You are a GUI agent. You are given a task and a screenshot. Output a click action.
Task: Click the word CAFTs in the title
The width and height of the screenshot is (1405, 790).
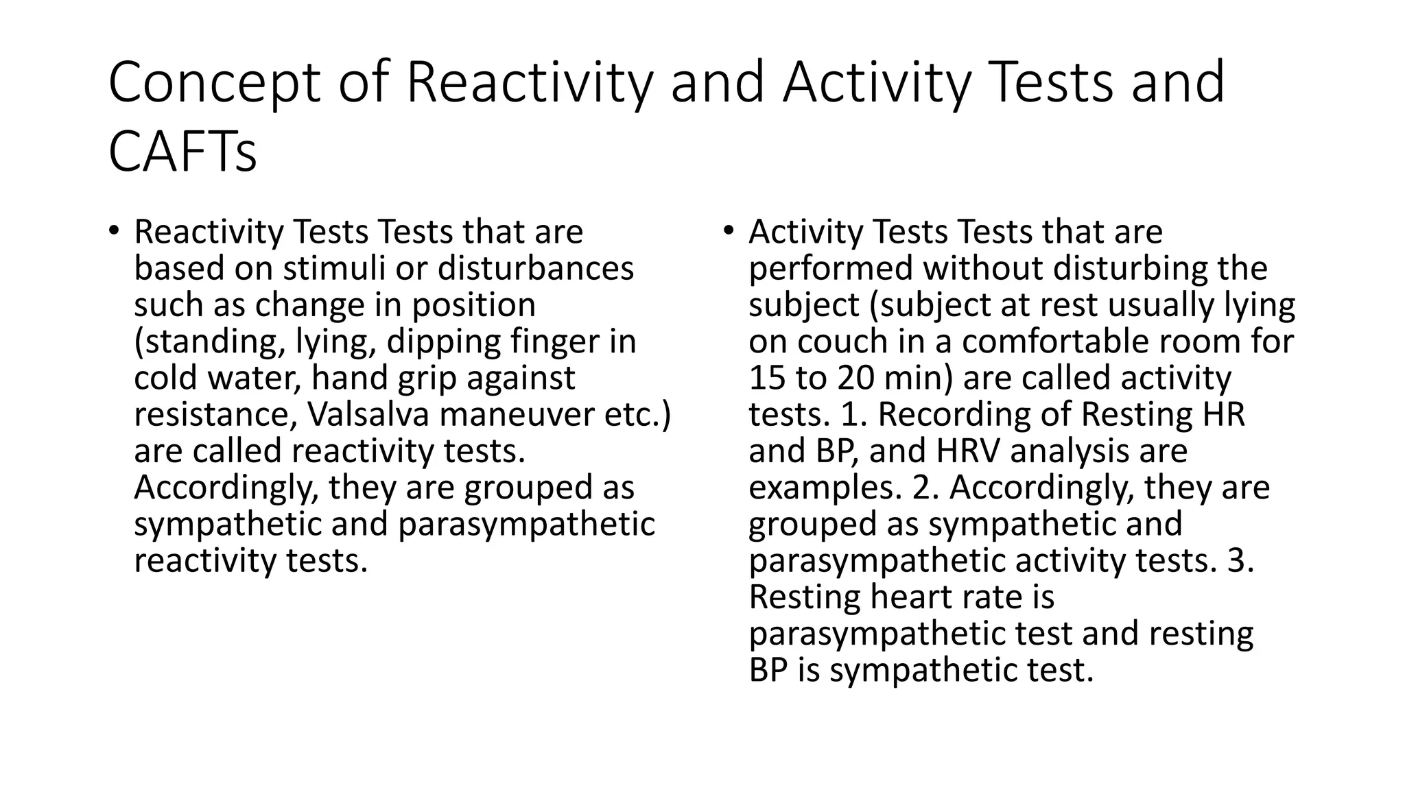182,152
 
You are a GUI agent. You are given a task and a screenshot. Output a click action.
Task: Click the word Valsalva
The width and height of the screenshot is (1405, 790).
368,414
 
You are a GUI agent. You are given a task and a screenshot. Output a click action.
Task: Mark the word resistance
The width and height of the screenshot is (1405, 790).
215,414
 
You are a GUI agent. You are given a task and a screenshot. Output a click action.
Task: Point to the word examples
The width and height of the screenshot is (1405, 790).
824,488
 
